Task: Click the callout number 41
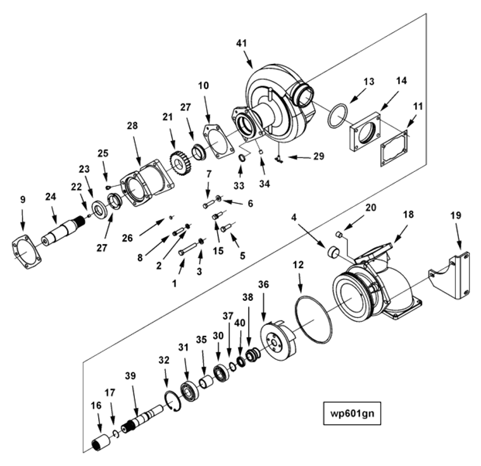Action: [242, 43]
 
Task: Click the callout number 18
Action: [409, 214]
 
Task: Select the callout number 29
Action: [318, 155]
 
